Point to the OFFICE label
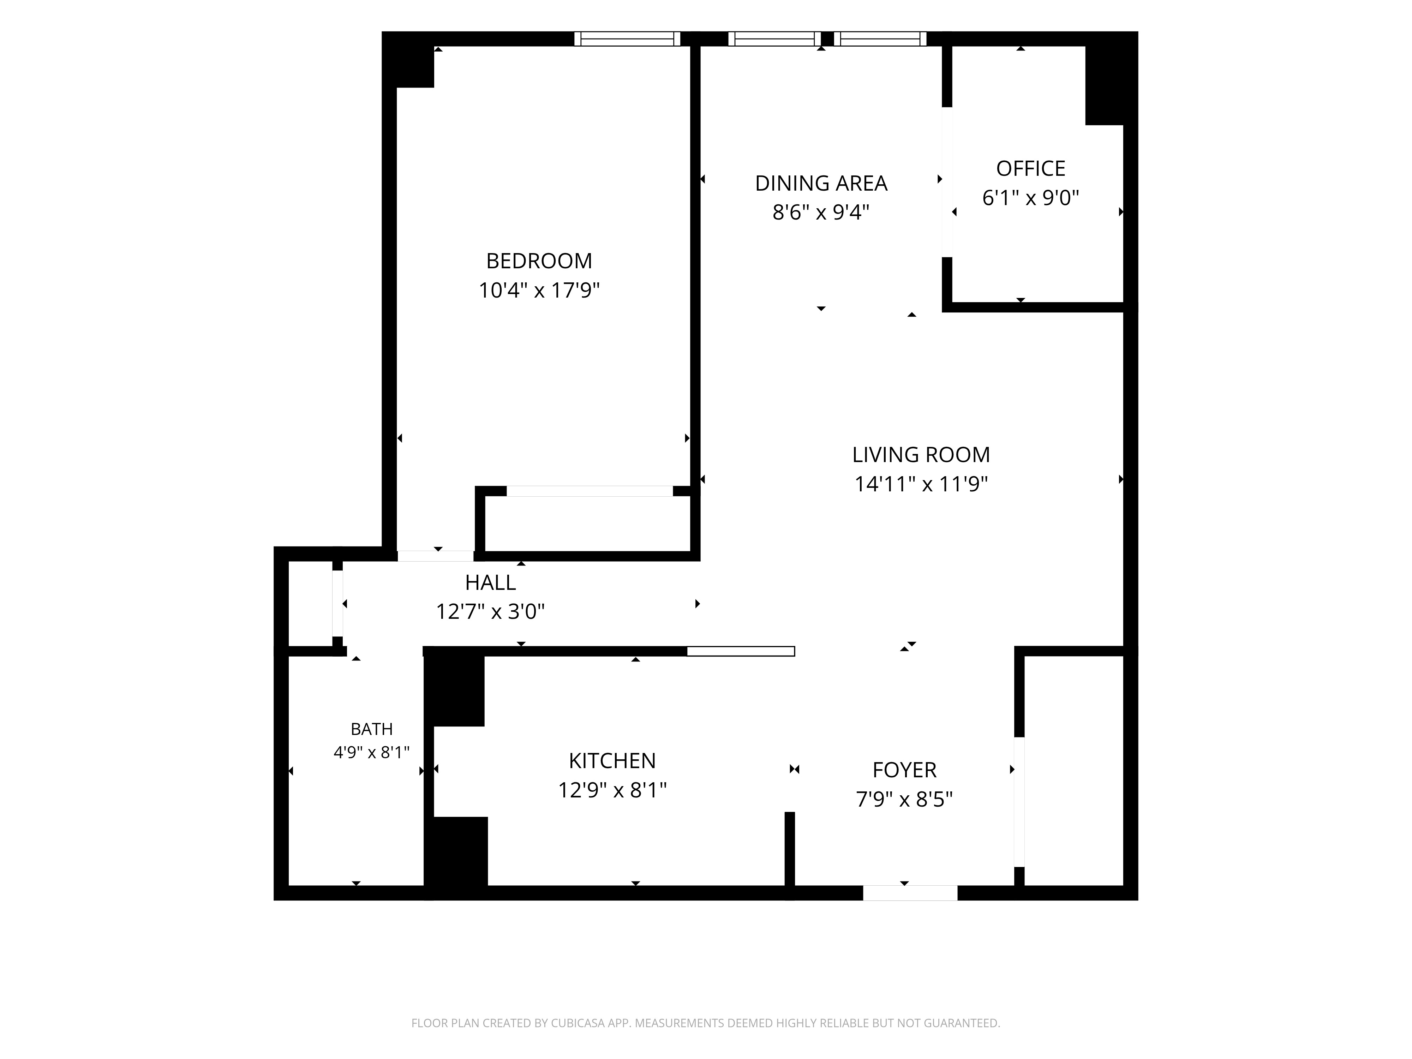(x=1030, y=168)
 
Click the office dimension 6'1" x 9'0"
(x=1030, y=198)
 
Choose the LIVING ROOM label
(x=921, y=455)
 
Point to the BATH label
(x=371, y=729)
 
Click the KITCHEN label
(x=612, y=761)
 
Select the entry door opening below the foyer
(x=910, y=893)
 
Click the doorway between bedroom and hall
(x=436, y=556)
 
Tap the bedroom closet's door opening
(x=590, y=491)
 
